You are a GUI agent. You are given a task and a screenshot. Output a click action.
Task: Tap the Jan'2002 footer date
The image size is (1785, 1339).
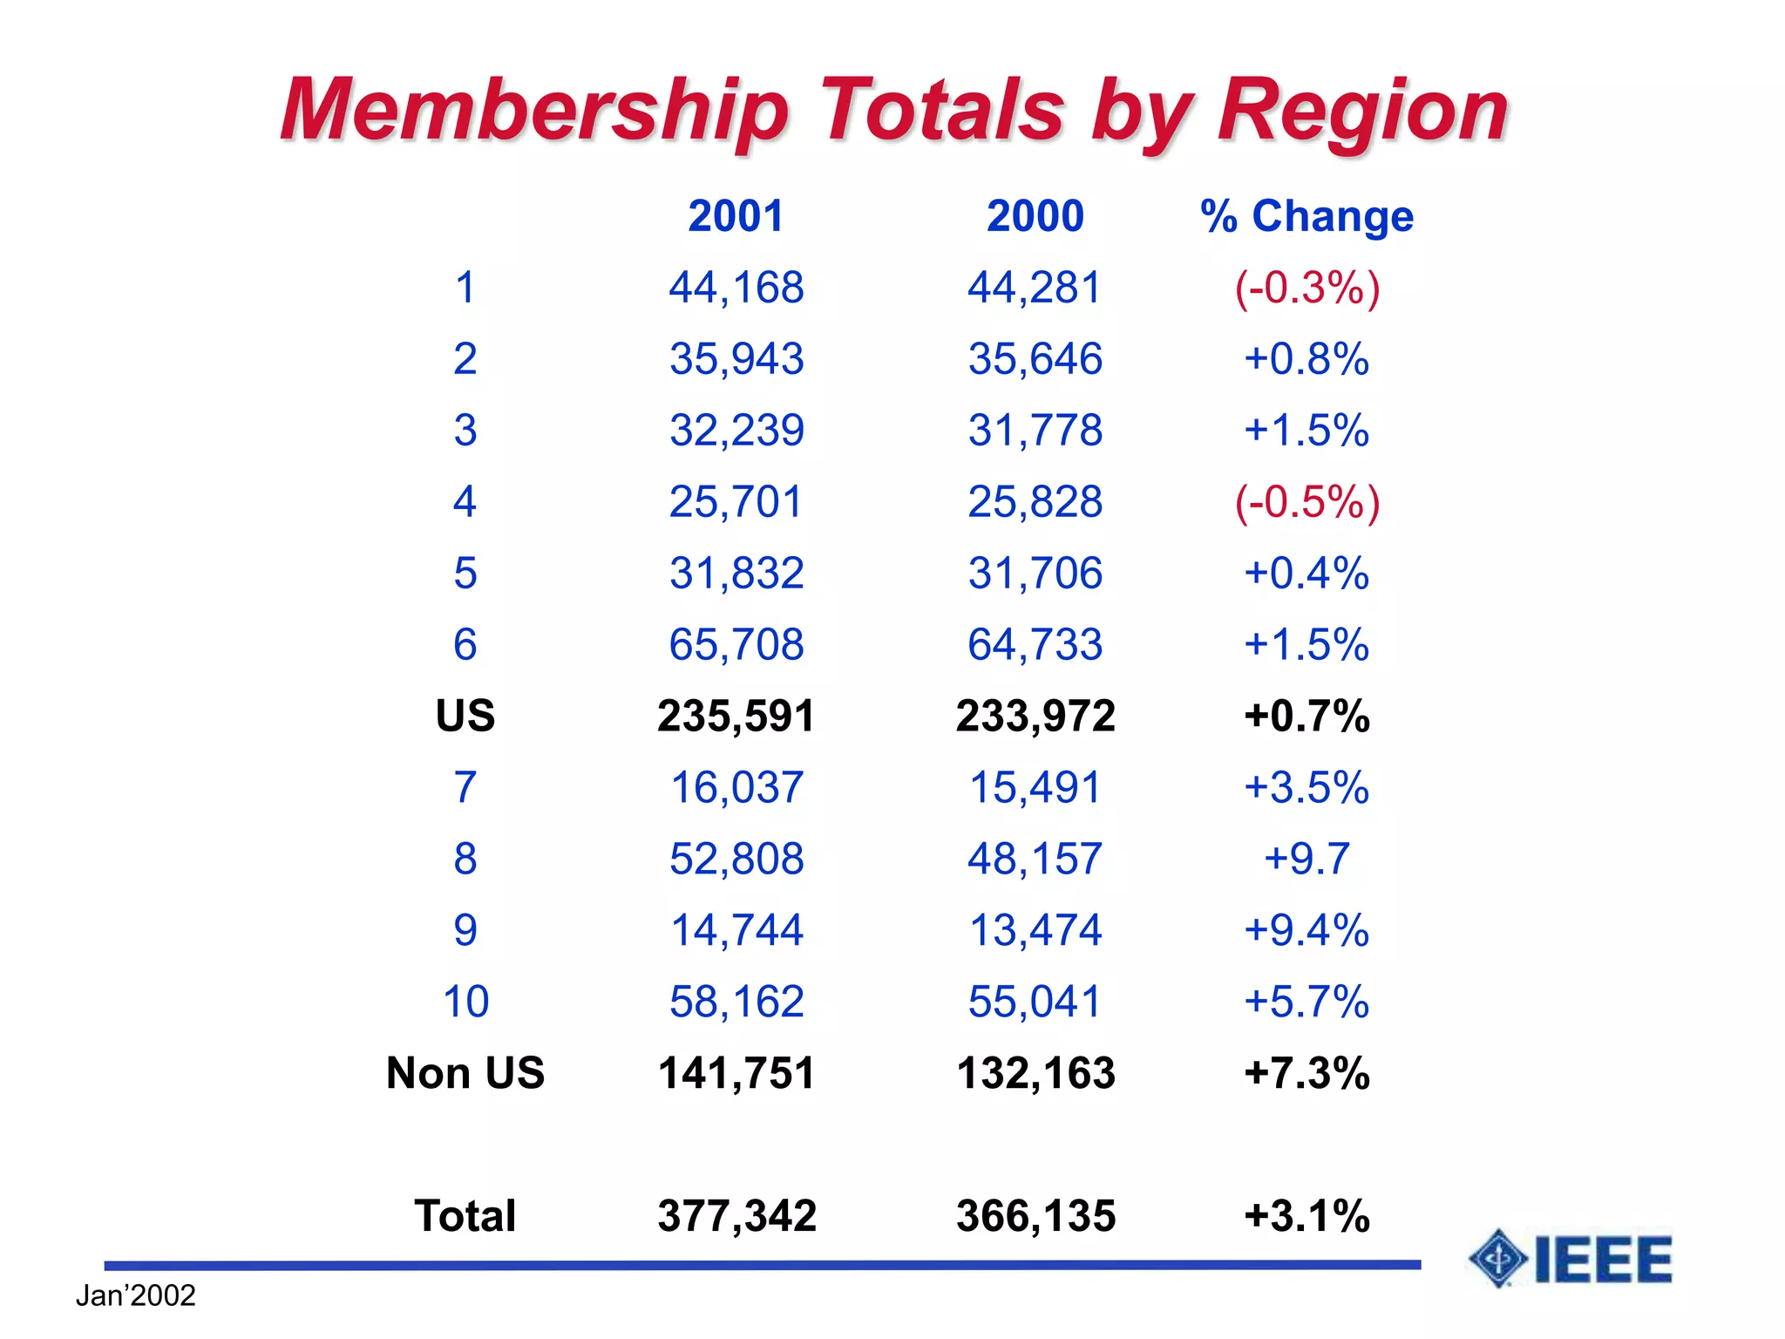(x=135, y=1295)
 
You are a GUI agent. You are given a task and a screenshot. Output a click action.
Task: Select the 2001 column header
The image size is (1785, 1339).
(x=736, y=216)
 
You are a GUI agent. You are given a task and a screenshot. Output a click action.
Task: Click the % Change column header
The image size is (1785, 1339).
(x=1306, y=216)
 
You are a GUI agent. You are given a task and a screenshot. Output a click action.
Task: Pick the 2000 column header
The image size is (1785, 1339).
(x=1035, y=216)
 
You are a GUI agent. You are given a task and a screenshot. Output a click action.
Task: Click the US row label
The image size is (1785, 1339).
(x=465, y=716)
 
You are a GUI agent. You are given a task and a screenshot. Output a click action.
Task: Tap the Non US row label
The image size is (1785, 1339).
(x=465, y=1072)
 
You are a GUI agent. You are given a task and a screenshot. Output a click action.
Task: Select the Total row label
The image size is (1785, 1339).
(x=465, y=1215)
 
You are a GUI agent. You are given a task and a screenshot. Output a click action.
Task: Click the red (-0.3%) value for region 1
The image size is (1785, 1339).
(x=1307, y=288)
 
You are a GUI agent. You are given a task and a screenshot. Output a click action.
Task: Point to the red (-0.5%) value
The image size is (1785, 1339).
(x=1307, y=502)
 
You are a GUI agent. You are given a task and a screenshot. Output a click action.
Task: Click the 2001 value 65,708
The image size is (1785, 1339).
(x=736, y=645)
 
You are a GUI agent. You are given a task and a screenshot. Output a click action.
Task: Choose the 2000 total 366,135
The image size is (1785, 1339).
(x=1035, y=1215)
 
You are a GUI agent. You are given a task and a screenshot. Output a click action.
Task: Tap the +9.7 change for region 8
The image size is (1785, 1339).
(x=1307, y=859)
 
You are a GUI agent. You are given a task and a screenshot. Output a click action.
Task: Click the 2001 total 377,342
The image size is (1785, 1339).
(x=736, y=1215)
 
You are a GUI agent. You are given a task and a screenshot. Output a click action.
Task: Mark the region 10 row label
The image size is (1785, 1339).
(x=465, y=1001)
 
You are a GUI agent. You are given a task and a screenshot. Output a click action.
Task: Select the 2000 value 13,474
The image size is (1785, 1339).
(x=1035, y=930)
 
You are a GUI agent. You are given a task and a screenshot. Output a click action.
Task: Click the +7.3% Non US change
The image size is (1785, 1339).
(x=1307, y=1072)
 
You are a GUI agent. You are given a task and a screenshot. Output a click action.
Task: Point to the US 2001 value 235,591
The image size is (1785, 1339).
(x=736, y=716)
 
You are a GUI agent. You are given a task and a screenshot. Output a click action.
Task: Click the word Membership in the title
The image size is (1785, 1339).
(x=534, y=111)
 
